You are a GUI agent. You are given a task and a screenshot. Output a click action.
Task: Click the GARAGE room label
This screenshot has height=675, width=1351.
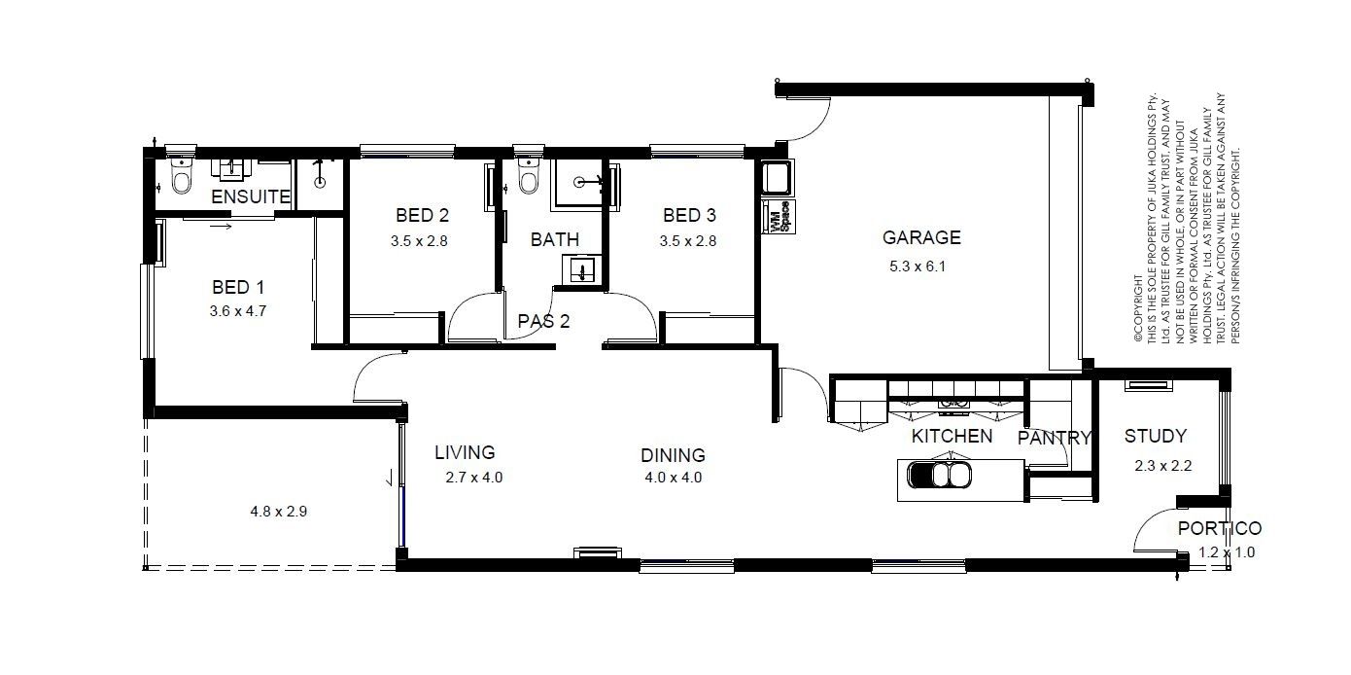pos(921,237)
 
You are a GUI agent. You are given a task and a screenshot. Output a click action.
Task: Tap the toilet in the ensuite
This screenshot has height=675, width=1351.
pos(181,175)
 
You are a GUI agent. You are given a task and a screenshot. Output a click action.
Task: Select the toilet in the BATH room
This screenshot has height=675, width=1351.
pos(529,176)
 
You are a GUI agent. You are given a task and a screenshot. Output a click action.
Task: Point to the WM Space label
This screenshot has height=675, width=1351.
pos(779,217)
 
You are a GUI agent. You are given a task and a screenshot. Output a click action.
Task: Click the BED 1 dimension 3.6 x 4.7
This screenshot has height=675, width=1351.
pos(237,311)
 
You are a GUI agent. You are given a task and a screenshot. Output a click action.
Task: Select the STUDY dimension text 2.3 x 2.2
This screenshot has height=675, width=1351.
pos(1162,466)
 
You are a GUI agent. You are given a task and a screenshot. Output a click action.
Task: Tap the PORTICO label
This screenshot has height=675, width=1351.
pos(1220,528)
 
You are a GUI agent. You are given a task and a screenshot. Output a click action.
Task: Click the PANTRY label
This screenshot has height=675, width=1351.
pos(1055,438)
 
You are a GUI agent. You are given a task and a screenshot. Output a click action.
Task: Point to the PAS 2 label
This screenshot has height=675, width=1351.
pos(543,321)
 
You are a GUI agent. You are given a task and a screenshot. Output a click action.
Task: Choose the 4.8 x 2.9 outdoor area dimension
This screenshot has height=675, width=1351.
pos(279,512)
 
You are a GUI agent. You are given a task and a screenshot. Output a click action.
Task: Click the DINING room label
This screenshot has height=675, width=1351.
pos(674,455)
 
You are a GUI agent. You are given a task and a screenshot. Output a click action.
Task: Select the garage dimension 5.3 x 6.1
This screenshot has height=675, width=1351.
pos(918,266)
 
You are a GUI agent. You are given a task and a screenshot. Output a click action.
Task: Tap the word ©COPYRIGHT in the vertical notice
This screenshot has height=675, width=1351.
pos(1138,308)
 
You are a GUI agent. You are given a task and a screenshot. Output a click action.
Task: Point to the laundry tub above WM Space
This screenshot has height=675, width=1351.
pos(778,178)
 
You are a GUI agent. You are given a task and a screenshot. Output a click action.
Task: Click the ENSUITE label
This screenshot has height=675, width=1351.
pos(251,196)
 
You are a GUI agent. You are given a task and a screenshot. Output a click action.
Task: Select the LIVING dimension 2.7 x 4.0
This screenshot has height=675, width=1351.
pos(474,478)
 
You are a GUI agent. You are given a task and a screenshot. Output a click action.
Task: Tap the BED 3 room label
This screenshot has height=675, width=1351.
pos(689,215)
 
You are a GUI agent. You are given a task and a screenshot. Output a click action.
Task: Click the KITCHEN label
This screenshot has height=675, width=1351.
pos(952,436)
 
